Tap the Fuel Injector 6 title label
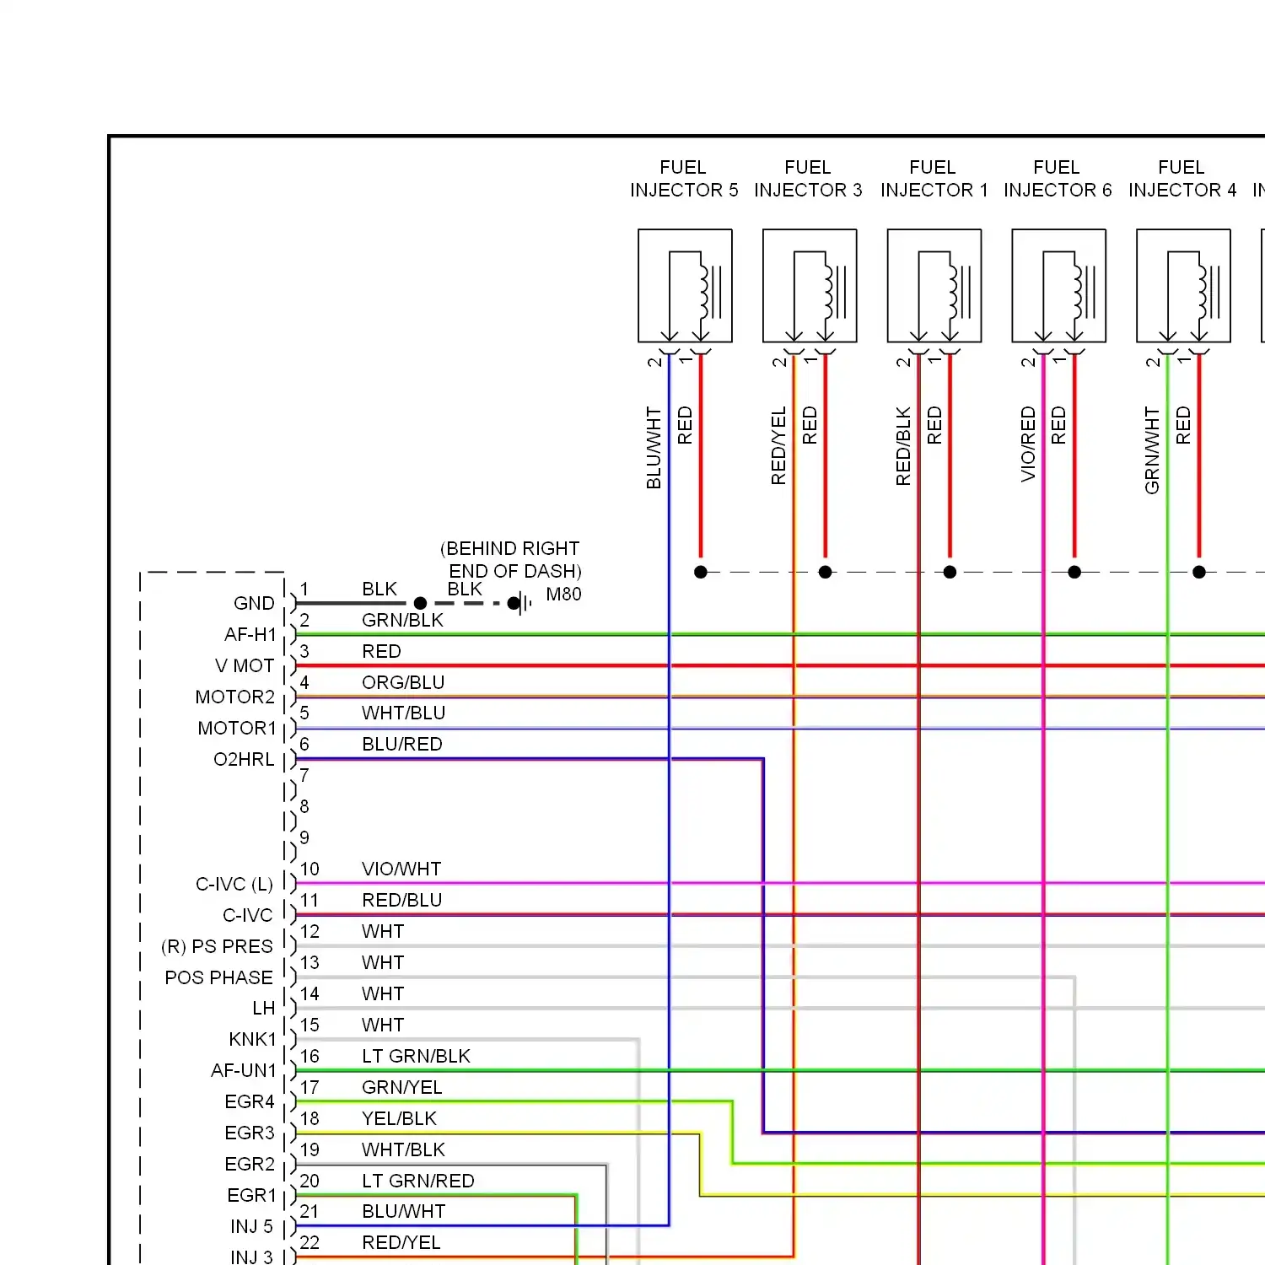pyautogui.click(x=1058, y=179)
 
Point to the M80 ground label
pyautogui.click(x=563, y=594)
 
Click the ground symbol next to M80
pyautogui.click(x=523, y=603)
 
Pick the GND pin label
pyautogui.click(x=254, y=603)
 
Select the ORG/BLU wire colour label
pyautogui.click(x=403, y=682)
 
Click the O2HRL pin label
pyautogui.click(x=244, y=759)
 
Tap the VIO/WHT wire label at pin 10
pyautogui.click(x=401, y=869)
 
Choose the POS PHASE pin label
pyautogui.click(x=219, y=977)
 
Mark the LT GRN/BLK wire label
pyautogui.click(x=416, y=1056)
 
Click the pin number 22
pyautogui.click(x=310, y=1242)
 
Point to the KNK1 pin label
pyautogui.click(x=252, y=1039)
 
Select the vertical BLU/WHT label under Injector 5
pyautogui.click(x=654, y=448)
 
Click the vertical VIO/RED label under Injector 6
pyautogui.click(x=1028, y=444)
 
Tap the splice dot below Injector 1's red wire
pyautogui.click(x=950, y=572)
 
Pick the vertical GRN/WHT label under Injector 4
pyautogui.click(x=1152, y=449)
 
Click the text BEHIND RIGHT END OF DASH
pyautogui.click(x=511, y=559)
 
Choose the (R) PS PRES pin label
pyautogui.click(x=217, y=946)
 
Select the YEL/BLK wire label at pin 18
pyautogui.click(x=399, y=1118)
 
